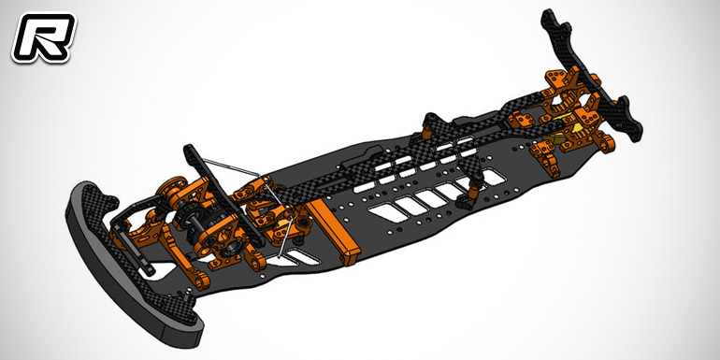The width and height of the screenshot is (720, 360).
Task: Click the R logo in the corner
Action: click(43, 37)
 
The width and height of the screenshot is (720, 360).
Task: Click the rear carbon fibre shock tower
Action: click(592, 74)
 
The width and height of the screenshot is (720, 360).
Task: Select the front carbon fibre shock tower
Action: click(220, 193)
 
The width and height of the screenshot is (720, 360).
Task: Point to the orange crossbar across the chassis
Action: click(333, 232)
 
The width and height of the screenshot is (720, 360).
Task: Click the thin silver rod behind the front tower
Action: click(231, 167)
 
